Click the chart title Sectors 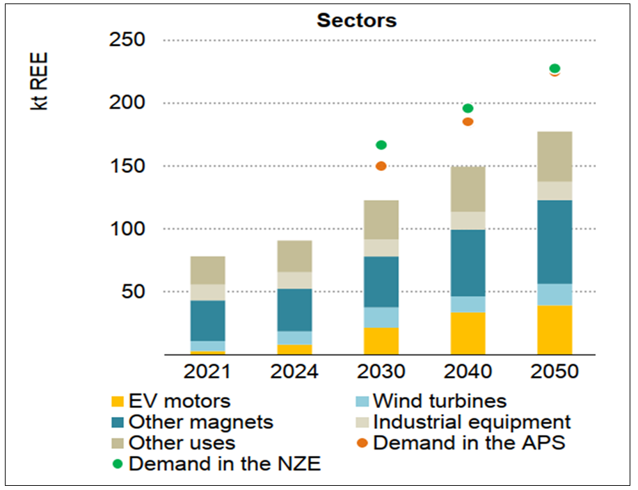356,20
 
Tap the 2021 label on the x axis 207,371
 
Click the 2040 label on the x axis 468,371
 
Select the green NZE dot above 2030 381,145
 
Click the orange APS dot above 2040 468,122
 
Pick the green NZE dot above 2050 555,68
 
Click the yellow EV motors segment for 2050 555,329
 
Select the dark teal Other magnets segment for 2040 468,263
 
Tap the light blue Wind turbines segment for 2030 381,317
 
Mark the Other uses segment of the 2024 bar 294,256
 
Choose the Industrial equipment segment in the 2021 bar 207,292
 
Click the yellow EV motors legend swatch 118,401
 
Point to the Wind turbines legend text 439,401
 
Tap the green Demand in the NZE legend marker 118,464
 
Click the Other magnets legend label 201,422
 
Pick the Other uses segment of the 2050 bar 555,156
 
